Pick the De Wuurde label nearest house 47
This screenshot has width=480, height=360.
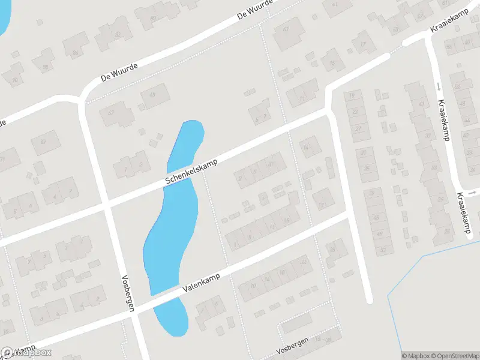click(119, 73)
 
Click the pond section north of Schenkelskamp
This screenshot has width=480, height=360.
click(185, 145)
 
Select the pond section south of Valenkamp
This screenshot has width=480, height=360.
click(172, 316)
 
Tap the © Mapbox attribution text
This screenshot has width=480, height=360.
click(415, 356)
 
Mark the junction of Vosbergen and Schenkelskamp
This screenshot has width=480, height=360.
click(107, 205)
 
